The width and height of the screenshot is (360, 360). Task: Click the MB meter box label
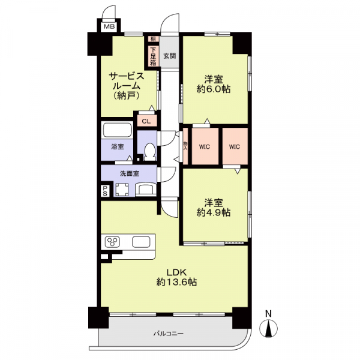[109, 26]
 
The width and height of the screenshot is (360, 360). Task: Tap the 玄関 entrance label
[170, 56]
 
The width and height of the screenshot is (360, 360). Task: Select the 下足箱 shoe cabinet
[153, 56]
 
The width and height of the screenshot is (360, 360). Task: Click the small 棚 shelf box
[153, 39]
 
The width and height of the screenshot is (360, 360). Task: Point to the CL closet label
[146, 121]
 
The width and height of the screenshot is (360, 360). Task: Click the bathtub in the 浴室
[117, 131]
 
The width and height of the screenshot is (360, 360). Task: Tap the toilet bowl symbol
[149, 152]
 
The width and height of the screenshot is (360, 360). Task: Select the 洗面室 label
[130, 174]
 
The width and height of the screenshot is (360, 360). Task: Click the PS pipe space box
[105, 191]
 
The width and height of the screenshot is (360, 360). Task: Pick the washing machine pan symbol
[122, 190]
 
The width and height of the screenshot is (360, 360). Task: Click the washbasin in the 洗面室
[145, 190]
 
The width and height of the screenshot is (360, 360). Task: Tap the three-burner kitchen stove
[112, 242]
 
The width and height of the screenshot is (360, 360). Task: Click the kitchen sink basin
[141, 242]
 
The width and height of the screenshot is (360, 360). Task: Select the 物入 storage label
[185, 146]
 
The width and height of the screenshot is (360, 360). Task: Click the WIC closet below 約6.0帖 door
[205, 146]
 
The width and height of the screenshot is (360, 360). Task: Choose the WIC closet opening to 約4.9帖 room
[235, 146]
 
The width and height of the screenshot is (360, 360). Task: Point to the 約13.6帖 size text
[176, 282]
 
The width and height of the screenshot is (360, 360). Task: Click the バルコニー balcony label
[169, 333]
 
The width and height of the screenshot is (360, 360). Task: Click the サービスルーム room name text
[127, 81]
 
